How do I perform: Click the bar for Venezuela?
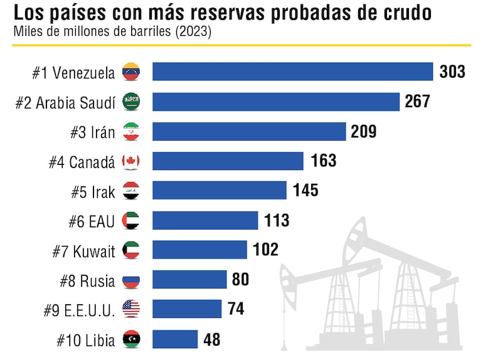[292, 71]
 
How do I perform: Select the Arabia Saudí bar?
[276, 102]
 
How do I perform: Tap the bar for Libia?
[175, 339]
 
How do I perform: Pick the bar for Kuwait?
[199, 250]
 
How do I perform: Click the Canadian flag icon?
[131, 161]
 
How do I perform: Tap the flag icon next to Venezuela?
[131, 71]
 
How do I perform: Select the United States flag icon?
[131, 309]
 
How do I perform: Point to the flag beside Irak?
[131, 191]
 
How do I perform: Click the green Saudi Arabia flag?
[131, 101]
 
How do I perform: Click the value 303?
[452, 71]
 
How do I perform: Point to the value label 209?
[364, 131]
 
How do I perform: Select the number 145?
[305, 191]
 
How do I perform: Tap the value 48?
[212, 340]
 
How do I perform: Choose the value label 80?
[240, 280]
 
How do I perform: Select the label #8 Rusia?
[87, 281]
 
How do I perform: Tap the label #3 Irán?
[93, 132]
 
